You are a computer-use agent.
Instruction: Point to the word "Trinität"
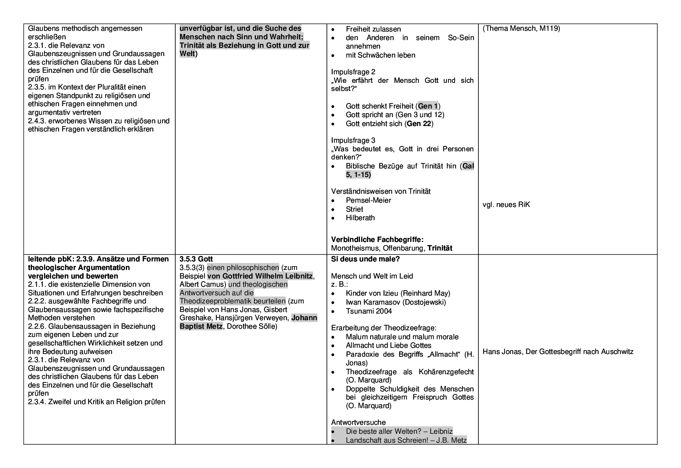tap(192, 46)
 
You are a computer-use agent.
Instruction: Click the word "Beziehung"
tap(237, 46)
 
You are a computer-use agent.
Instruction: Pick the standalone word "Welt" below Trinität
tap(187, 54)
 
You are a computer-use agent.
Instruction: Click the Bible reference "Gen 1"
tap(428, 106)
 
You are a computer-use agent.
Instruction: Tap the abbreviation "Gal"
tap(468, 166)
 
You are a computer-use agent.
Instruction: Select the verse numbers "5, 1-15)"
tap(358, 175)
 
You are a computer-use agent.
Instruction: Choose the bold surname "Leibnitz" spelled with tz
tap(299, 276)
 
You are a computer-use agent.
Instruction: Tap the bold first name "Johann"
tap(304, 318)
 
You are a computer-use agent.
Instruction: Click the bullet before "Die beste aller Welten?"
tap(333, 431)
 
